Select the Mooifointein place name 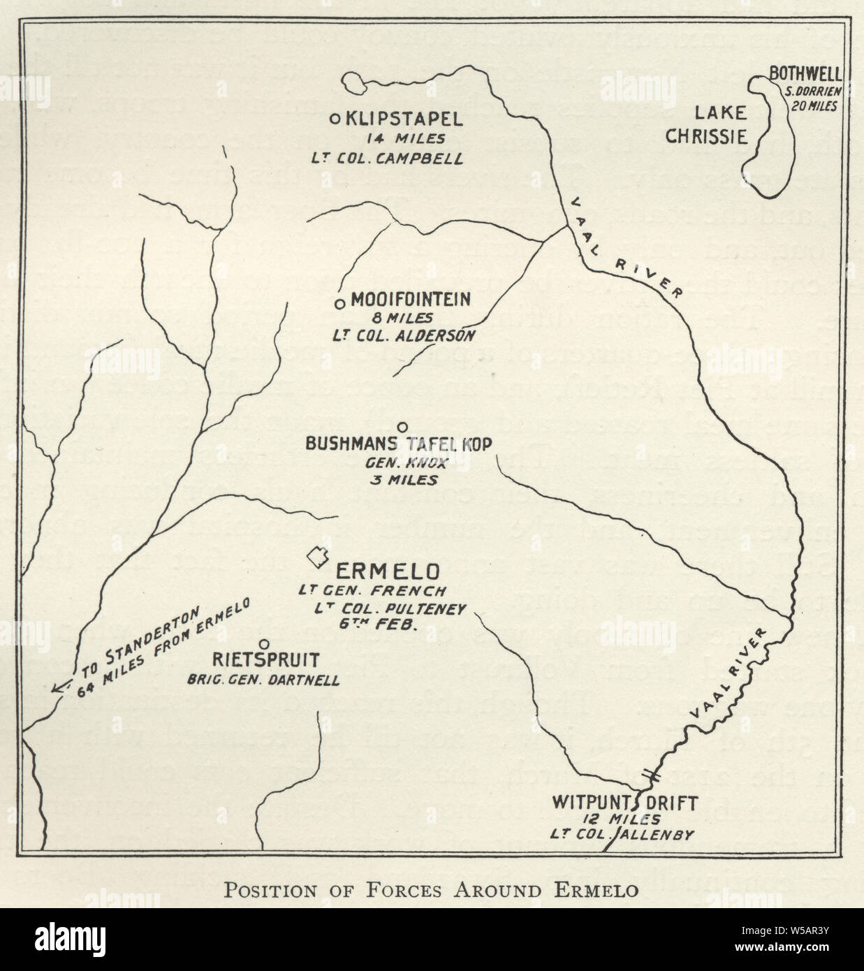[411, 300]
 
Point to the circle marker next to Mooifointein [340, 303]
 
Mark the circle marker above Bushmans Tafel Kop [402, 427]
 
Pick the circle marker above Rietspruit [264, 643]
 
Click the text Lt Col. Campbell [387, 159]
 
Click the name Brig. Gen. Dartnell [264, 679]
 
